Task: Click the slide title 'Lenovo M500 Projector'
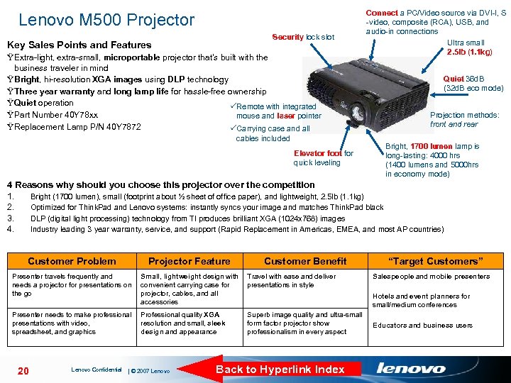106,20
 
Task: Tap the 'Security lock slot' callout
303,36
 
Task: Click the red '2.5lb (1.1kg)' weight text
469,52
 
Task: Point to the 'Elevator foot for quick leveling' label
323,157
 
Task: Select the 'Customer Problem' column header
72,261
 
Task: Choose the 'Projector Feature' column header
189,261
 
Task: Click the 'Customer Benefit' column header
305,261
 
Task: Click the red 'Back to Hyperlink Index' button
280,369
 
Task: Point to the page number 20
23,370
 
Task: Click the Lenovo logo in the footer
411,368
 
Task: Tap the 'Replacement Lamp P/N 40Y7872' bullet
73,127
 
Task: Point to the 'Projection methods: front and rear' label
464,119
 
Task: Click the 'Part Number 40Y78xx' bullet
55,115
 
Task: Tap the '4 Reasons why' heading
160,185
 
